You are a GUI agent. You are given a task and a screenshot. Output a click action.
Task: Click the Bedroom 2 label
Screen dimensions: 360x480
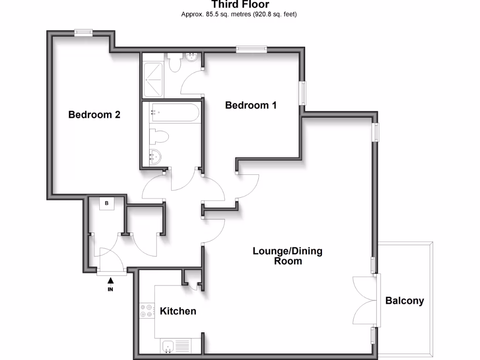pos(94,114)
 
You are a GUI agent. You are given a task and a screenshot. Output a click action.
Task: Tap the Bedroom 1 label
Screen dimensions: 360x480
pos(251,105)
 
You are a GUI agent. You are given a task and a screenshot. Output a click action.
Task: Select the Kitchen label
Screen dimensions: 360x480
pos(178,311)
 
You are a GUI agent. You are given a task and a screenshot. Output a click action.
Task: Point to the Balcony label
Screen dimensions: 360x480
pos(405,301)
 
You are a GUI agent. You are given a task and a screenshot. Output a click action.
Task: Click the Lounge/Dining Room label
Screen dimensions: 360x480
pos(288,256)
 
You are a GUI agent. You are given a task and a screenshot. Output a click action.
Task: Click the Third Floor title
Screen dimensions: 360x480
pos(240,5)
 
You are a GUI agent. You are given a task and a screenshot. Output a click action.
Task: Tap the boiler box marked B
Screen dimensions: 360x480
pos(107,203)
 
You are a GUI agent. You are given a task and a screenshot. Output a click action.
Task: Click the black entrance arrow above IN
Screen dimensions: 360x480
pos(111,281)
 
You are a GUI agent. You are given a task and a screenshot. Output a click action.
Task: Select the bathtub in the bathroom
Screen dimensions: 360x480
pos(175,113)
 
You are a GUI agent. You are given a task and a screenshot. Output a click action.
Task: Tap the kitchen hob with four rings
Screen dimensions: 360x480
pos(147,311)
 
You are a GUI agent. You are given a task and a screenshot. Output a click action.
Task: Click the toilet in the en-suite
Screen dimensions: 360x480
pos(175,62)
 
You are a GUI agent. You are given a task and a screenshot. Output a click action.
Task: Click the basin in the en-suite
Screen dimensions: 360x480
pos(192,58)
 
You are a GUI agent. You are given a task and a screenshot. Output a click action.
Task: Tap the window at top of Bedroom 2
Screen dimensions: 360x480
pos(83,32)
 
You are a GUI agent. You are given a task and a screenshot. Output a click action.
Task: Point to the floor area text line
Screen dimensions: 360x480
pos(239,15)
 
